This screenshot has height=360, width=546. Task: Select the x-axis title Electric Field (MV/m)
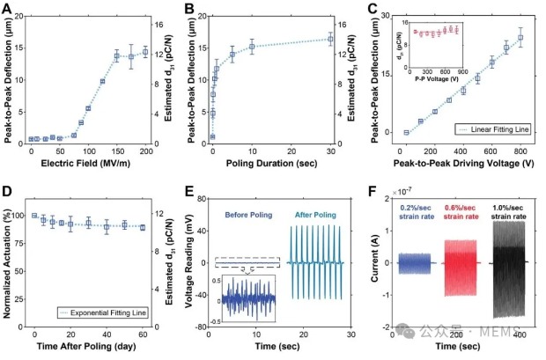point(88,165)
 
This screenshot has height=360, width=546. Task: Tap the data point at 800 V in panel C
point(520,38)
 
